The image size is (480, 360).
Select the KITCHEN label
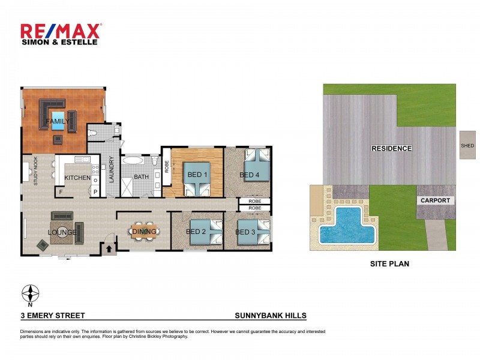click(77, 178)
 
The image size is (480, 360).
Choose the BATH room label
click(141, 177)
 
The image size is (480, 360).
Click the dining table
click(145, 231)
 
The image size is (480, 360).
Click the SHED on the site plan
click(467, 145)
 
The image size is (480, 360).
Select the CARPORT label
click(435, 200)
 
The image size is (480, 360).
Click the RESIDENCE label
click(391, 148)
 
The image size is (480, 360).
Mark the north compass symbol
click(30, 294)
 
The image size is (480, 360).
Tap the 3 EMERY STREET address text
click(52, 315)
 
